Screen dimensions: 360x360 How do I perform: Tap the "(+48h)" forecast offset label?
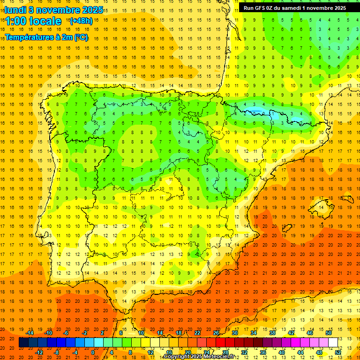(x=81, y=21)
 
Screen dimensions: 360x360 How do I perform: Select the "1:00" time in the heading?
(x=16, y=21)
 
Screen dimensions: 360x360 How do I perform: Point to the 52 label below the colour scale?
(x=338, y=352)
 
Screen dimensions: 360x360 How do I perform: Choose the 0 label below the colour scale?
(x=92, y=352)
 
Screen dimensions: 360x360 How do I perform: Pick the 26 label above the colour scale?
(x=216, y=333)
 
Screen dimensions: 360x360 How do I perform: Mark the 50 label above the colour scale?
(x=328, y=333)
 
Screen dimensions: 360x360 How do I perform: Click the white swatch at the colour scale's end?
(x=333, y=343)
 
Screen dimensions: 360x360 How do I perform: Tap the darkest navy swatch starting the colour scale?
(x=23, y=343)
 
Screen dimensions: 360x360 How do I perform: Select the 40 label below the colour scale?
(x=282, y=352)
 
